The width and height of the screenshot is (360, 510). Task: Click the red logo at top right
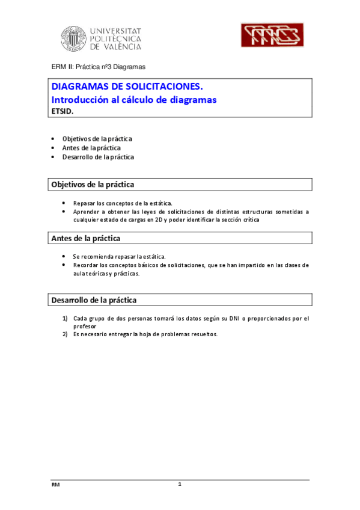click(270, 35)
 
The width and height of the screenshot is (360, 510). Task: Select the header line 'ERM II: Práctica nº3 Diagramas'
click(97, 67)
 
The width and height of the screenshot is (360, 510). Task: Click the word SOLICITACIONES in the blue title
click(157, 87)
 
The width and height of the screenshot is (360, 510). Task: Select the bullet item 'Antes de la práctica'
click(91, 148)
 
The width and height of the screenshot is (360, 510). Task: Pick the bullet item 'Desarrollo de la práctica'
click(98, 157)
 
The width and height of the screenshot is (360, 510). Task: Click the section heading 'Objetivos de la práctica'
click(93, 184)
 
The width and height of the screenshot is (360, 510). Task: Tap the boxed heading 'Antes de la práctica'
click(86, 239)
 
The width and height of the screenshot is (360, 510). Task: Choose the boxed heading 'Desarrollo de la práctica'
click(94, 300)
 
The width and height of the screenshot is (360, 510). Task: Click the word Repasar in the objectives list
click(85, 203)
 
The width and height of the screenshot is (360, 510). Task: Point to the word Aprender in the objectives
click(87, 212)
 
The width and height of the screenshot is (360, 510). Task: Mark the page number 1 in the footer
click(180, 485)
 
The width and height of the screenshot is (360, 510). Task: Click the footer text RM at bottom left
click(55, 485)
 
